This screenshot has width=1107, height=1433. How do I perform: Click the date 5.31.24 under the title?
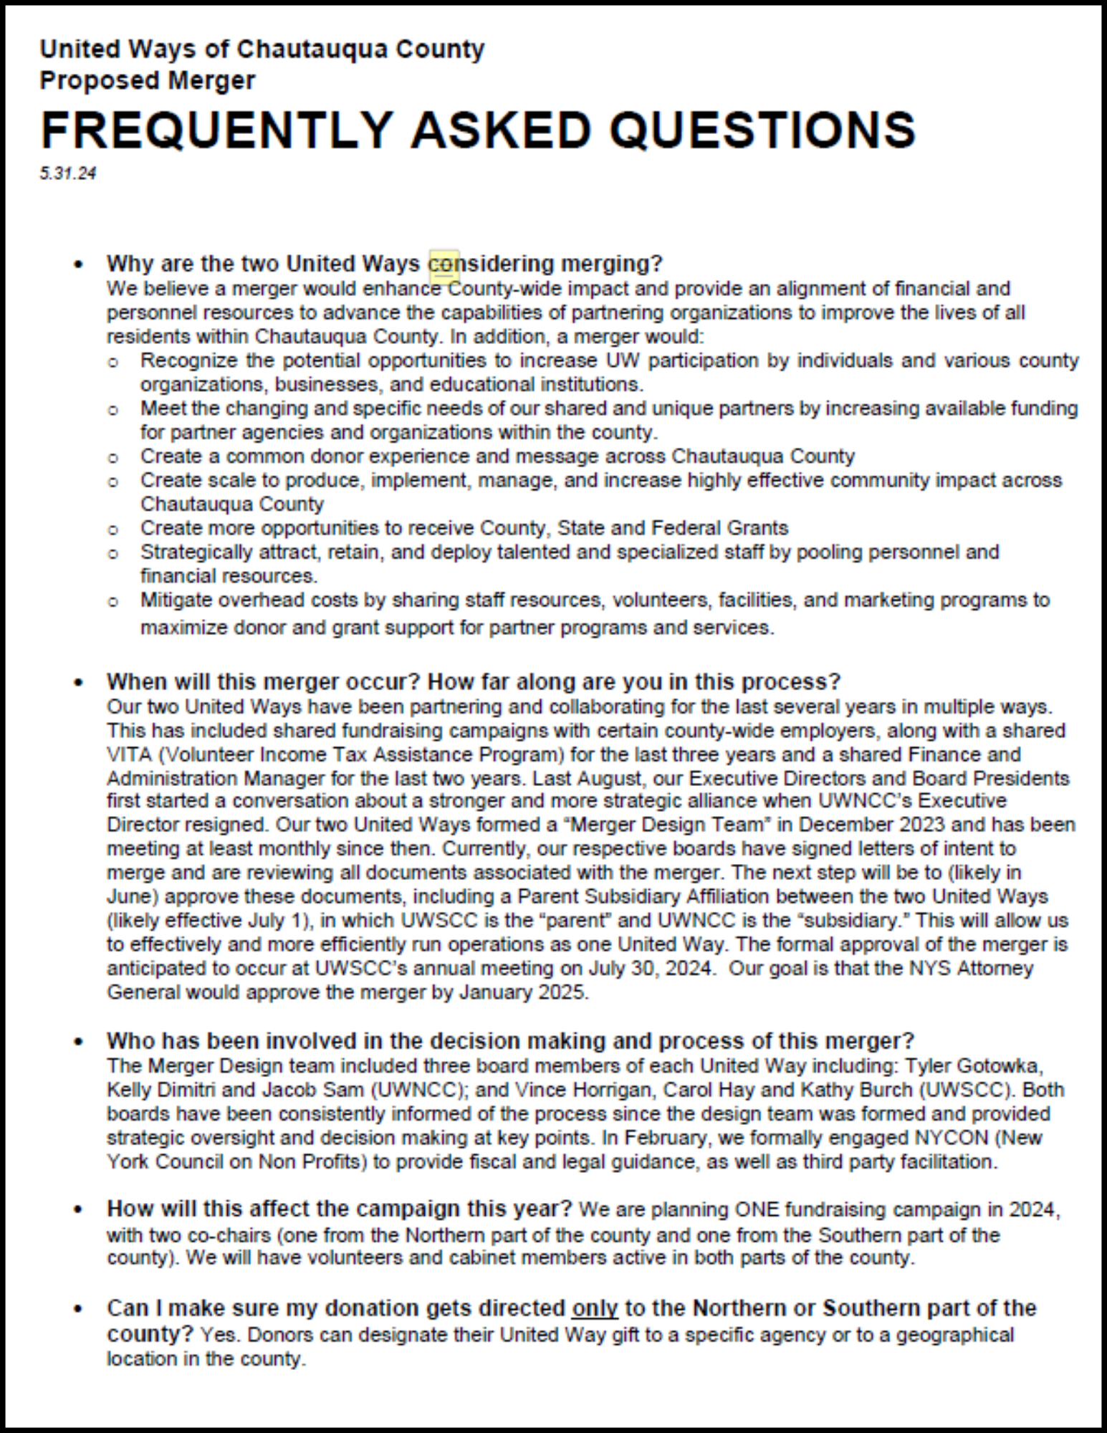click(x=68, y=173)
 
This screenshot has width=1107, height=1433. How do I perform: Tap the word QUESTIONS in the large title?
click(x=762, y=130)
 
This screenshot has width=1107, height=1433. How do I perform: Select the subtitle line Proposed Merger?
click(x=147, y=80)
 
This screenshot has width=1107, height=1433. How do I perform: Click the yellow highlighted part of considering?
click(x=444, y=264)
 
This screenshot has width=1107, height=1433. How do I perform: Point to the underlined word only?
click(x=594, y=1308)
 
